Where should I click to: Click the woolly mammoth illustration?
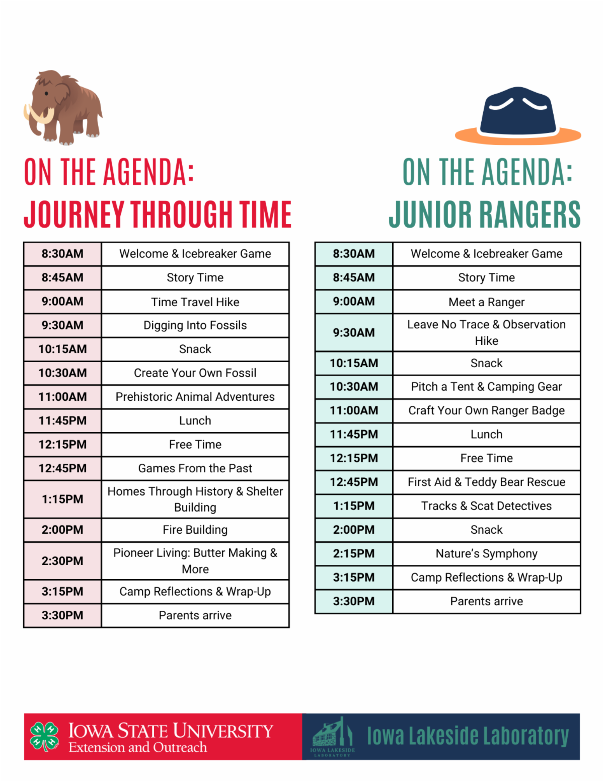pos(63,107)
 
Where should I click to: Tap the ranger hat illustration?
pos(517,116)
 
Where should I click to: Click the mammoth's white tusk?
pos(40,114)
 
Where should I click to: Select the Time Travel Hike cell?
pos(195,302)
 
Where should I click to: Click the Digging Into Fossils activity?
pos(195,325)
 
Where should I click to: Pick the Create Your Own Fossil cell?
pos(195,373)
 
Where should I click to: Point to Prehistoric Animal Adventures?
pos(195,397)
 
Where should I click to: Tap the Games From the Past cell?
pos(195,468)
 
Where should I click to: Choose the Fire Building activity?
pos(195,530)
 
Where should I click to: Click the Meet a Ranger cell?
pos(486,302)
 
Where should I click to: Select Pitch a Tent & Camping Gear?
pos(486,387)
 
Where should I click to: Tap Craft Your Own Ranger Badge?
pos(486,410)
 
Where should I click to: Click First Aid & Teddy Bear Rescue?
pos(486,482)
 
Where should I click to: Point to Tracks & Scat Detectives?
pos(486,506)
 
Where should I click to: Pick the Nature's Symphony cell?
pos(486,553)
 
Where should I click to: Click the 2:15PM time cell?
pos(354,553)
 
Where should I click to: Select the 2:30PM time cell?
pos(62,560)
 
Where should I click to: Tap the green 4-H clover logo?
pos(45,737)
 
